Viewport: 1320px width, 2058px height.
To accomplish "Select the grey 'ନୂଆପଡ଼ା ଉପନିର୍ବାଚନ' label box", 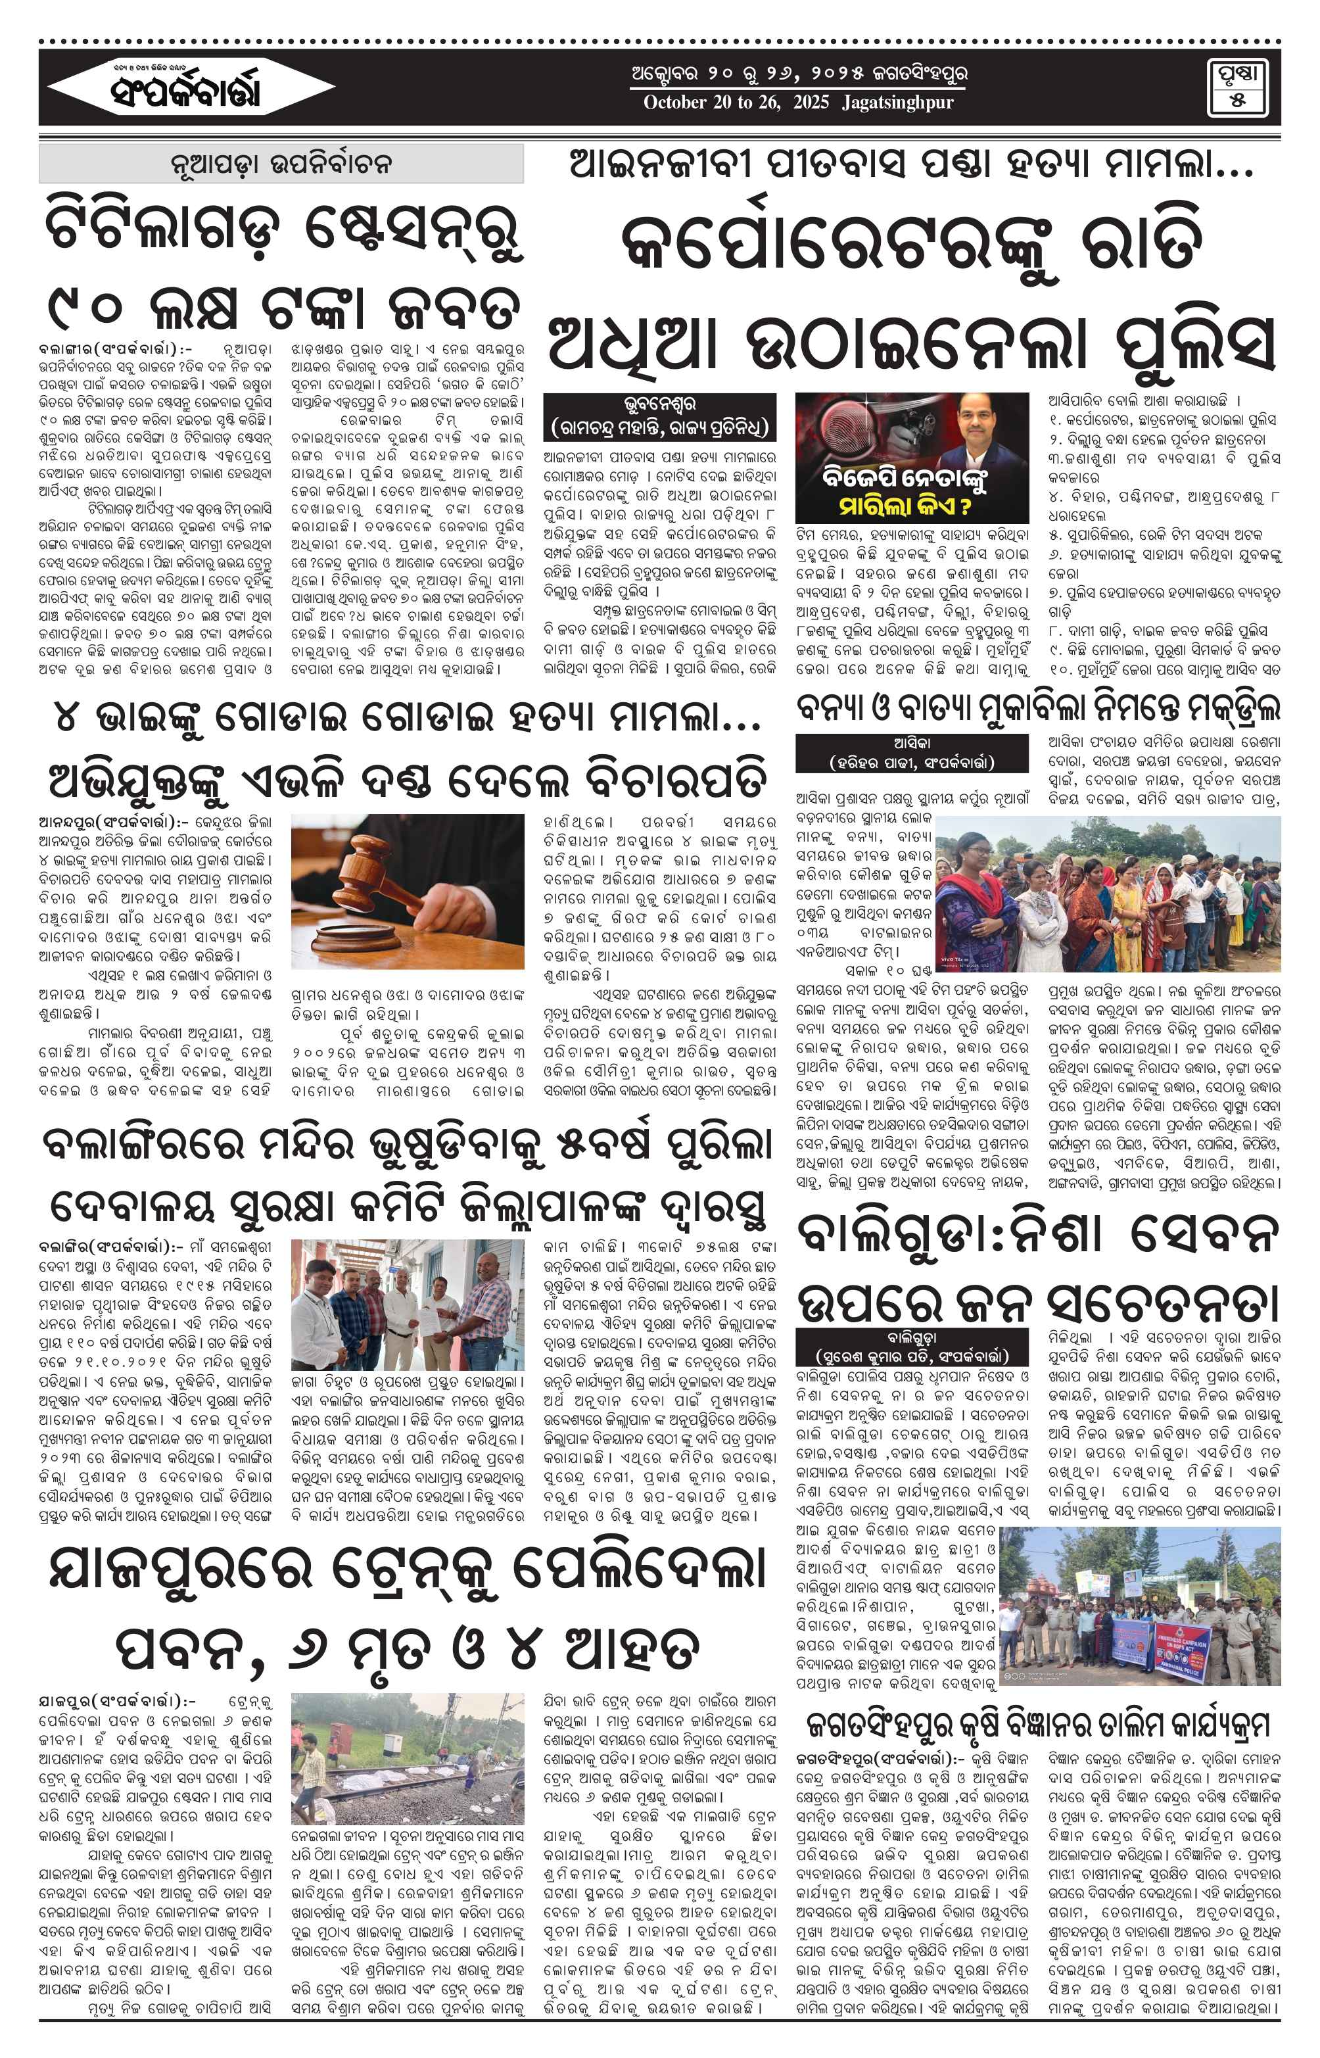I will (x=281, y=163).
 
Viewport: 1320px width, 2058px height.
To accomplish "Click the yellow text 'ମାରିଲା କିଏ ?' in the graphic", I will (x=905, y=505).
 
